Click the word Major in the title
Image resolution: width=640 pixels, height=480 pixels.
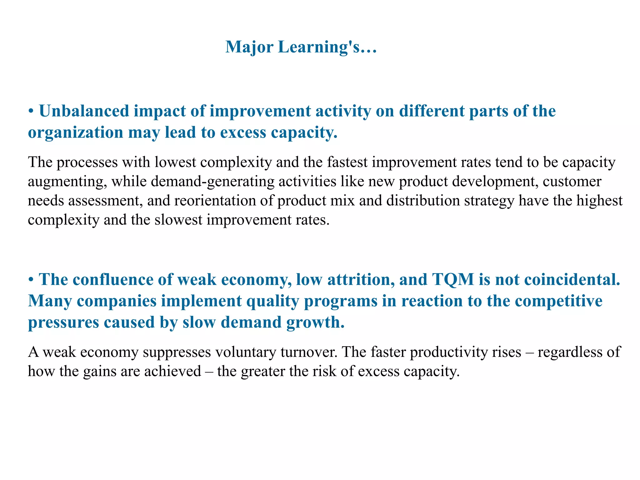tap(249, 47)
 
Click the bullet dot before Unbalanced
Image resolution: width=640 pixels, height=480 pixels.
tap(31, 112)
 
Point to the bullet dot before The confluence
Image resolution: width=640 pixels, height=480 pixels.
tap(31, 280)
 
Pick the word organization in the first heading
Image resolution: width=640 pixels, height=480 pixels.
tap(75, 132)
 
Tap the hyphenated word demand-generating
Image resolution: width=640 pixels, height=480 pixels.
tap(212, 182)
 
